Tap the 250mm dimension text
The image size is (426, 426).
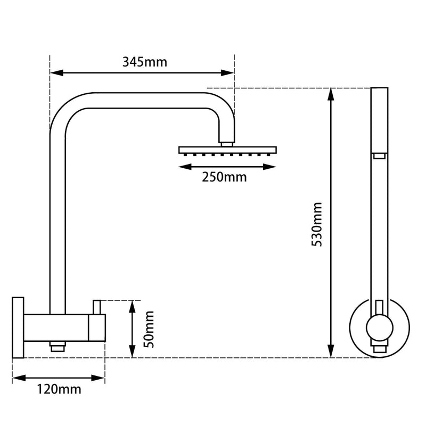(x=224, y=177)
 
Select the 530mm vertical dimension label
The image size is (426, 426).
(x=318, y=224)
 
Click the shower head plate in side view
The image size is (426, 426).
(x=228, y=149)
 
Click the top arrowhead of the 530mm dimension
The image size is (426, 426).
(x=331, y=95)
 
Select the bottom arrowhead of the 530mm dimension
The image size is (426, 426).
(x=331, y=351)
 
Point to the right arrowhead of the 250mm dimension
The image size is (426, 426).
(x=271, y=167)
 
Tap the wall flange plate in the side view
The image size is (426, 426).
(x=18, y=327)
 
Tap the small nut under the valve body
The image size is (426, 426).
(x=56, y=347)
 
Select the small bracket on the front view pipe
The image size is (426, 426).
(x=379, y=155)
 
